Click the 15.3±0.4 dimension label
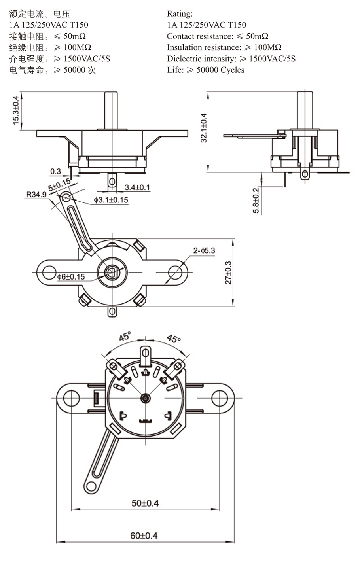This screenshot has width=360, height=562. tap(15, 110)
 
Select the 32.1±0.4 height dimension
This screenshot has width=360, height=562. tap(204, 128)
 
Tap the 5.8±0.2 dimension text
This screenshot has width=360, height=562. tap(256, 201)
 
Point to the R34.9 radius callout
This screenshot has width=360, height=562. tap(36, 194)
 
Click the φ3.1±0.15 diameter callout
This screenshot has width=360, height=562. tap(111, 200)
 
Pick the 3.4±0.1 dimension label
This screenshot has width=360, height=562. tap(137, 187)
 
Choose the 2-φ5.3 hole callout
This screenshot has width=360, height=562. tap(204, 250)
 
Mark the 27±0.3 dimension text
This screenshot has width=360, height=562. tap(228, 272)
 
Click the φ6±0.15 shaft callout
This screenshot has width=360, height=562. tap(71, 277)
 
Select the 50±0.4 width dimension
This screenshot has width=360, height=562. tap(145, 503)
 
